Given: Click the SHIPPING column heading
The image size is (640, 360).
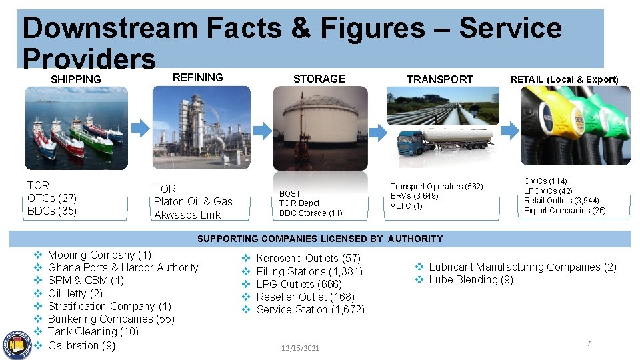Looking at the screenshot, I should pyautogui.click(x=76, y=79).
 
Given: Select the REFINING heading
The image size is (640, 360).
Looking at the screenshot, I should pyautogui.click(x=198, y=77).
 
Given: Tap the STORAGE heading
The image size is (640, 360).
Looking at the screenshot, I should pyautogui.click(x=319, y=79).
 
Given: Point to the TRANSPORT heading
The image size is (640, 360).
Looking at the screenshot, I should pyautogui.click(x=440, y=79).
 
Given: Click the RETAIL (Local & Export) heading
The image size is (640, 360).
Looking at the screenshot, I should pyautogui.click(x=564, y=79).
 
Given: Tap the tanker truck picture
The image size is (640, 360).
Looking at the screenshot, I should pyautogui.click(x=445, y=141).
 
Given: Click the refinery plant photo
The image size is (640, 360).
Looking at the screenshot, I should pyautogui.click(x=201, y=127).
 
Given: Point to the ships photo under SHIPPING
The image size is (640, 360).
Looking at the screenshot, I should pyautogui.click(x=75, y=129).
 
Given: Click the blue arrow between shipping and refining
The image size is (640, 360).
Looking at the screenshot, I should pyautogui.click(x=140, y=127).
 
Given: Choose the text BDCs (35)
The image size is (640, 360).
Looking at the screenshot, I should pyautogui.click(x=52, y=211).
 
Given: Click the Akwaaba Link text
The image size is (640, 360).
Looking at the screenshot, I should pyautogui.click(x=187, y=215).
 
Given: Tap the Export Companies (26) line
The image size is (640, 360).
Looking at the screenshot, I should pyautogui.click(x=565, y=211).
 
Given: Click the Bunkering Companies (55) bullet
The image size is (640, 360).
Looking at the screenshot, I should pyautogui.click(x=111, y=319).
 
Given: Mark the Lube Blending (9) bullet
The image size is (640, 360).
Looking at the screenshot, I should pyautogui.click(x=471, y=279).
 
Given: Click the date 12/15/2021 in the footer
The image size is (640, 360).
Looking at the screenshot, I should pyautogui.click(x=300, y=348).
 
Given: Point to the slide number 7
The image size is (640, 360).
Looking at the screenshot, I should pyautogui.click(x=589, y=343).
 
